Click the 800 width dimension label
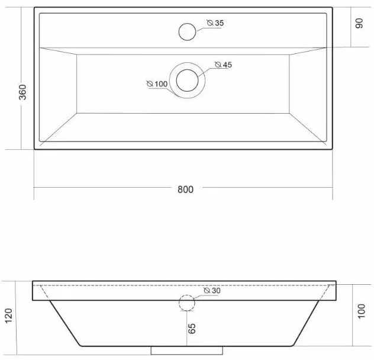click(x=185, y=189)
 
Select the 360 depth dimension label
click(x=22, y=92)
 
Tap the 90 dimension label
click(x=359, y=23)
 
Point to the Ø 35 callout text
click(x=215, y=23)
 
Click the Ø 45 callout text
click(x=223, y=65)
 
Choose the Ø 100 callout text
click(x=157, y=84)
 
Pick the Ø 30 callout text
click(x=212, y=291)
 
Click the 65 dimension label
click(x=192, y=329)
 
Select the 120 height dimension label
click(x=9, y=316)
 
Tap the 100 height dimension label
click(x=362, y=311)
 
